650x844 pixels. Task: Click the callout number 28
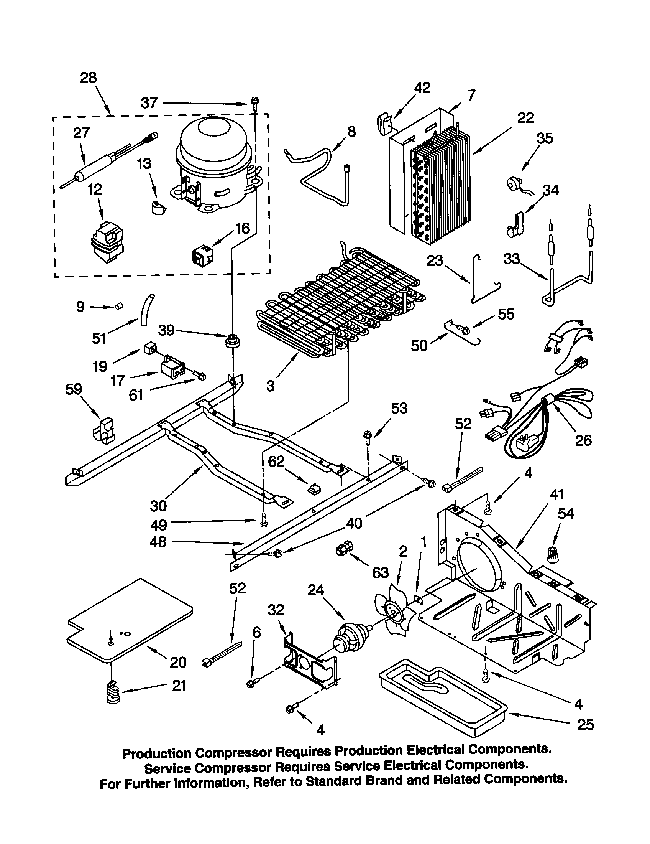pyautogui.click(x=88, y=78)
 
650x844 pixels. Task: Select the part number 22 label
pyautogui.click(x=525, y=118)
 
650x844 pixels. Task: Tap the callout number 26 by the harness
pyautogui.click(x=583, y=440)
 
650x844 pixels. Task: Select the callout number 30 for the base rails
pyautogui.click(x=158, y=506)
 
